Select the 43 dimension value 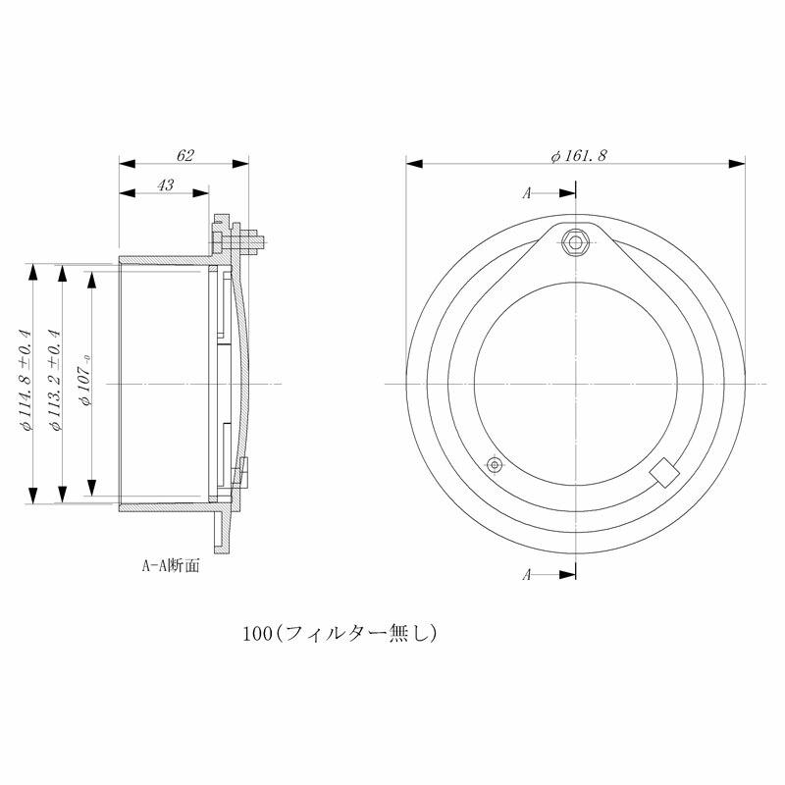tap(166, 185)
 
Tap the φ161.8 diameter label tap(580, 155)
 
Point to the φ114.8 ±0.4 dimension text tap(26, 383)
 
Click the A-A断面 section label tap(171, 566)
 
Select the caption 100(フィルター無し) tap(340, 633)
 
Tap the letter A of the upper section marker tap(527, 193)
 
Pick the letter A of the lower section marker tap(527, 575)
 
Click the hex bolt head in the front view tap(576, 240)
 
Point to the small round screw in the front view tap(495, 463)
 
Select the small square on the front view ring tap(664, 471)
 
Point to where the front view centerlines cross tap(576, 383)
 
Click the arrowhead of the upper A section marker tap(568, 193)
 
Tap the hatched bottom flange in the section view tap(223, 530)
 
